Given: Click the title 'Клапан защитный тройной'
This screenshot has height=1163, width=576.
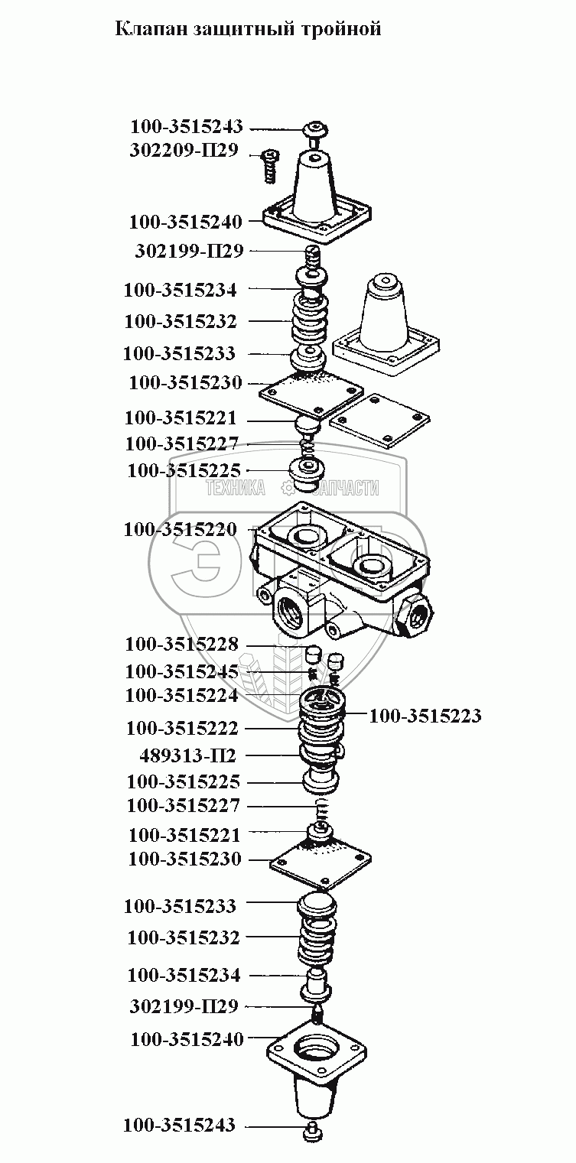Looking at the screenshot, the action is tap(248, 30).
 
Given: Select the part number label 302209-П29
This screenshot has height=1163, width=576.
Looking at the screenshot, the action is tap(184, 151).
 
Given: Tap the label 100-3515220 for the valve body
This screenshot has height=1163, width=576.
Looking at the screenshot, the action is tap(181, 529).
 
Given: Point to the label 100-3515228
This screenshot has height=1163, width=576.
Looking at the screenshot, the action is tap(182, 645).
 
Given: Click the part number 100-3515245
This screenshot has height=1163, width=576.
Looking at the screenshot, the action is tap(182, 671).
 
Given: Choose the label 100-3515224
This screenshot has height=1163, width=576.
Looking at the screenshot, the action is tap(182, 696).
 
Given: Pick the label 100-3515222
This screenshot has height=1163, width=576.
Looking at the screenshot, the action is tap(182, 727).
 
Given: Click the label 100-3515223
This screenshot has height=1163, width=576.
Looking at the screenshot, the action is tap(425, 716).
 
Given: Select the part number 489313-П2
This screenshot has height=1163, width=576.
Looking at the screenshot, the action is tap(188, 755).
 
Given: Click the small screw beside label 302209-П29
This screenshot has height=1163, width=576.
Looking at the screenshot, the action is tap(269, 165).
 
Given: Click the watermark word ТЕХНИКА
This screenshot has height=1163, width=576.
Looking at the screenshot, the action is tap(234, 488).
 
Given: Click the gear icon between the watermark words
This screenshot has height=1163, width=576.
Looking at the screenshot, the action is tap(287, 487).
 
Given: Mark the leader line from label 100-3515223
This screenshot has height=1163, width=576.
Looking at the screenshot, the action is tap(356, 715).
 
